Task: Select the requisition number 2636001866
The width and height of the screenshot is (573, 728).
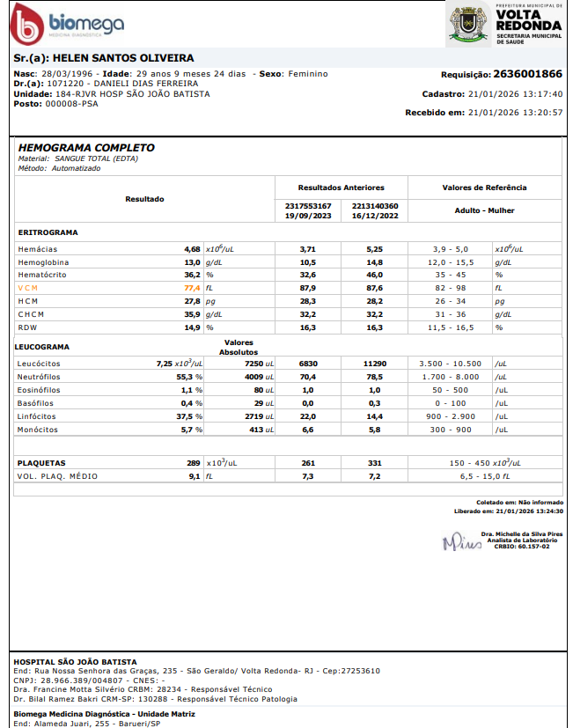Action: click(527, 74)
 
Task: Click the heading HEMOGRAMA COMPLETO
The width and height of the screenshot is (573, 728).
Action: click(86, 148)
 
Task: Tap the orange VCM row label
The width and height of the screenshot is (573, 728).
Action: click(29, 288)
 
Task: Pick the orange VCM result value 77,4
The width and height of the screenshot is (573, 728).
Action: click(192, 288)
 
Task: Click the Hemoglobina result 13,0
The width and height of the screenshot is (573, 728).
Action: click(192, 262)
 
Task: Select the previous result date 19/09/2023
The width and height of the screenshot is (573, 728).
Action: click(308, 216)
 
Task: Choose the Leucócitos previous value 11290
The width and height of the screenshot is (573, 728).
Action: click(375, 364)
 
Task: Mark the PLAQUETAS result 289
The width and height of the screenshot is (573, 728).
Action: click(193, 463)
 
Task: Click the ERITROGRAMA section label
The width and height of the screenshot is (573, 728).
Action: click(48, 233)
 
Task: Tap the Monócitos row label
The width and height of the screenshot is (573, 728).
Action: click(37, 430)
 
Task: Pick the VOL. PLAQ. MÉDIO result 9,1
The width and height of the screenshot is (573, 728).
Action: click(194, 476)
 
